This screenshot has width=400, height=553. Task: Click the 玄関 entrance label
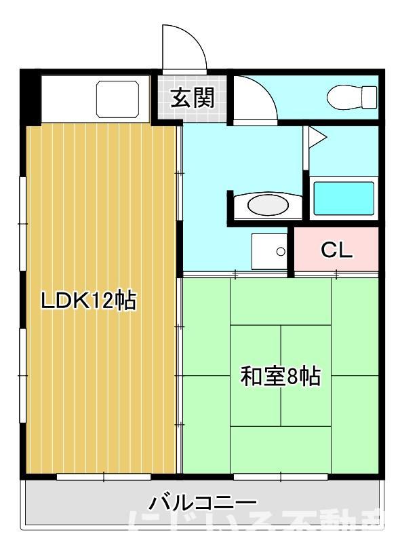point(192,99)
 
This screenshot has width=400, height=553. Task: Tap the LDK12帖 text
point(88,299)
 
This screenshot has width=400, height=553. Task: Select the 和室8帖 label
point(280,376)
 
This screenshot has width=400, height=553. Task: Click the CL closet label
point(337,250)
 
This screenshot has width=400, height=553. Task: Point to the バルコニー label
point(203,503)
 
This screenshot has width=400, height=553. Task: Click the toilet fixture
point(353,98)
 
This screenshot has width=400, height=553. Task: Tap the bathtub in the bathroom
point(344,197)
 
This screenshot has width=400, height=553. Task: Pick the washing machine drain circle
point(281,252)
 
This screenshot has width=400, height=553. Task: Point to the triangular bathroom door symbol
point(317,138)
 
